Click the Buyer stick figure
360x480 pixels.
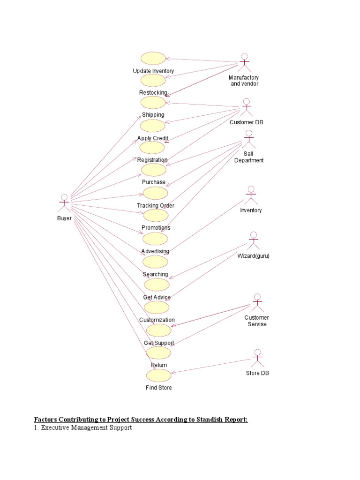(64, 203)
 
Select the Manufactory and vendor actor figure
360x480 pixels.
(244, 63)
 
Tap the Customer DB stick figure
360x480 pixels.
(247, 108)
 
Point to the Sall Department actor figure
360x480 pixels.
(248, 139)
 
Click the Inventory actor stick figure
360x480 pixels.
(251, 195)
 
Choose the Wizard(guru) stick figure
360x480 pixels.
(254, 241)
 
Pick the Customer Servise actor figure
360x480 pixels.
(256, 303)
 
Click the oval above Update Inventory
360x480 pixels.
(153, 58)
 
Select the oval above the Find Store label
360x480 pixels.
(159, 375)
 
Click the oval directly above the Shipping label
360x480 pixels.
(153, 102)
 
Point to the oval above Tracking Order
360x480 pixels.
(155, 193)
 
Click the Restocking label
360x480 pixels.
(153, 93)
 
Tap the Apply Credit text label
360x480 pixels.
(153, 138)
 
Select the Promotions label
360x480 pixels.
(156, 228)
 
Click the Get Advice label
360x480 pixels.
(157, 297)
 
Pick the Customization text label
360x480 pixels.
(157, 320)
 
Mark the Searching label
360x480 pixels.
(155, 274)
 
